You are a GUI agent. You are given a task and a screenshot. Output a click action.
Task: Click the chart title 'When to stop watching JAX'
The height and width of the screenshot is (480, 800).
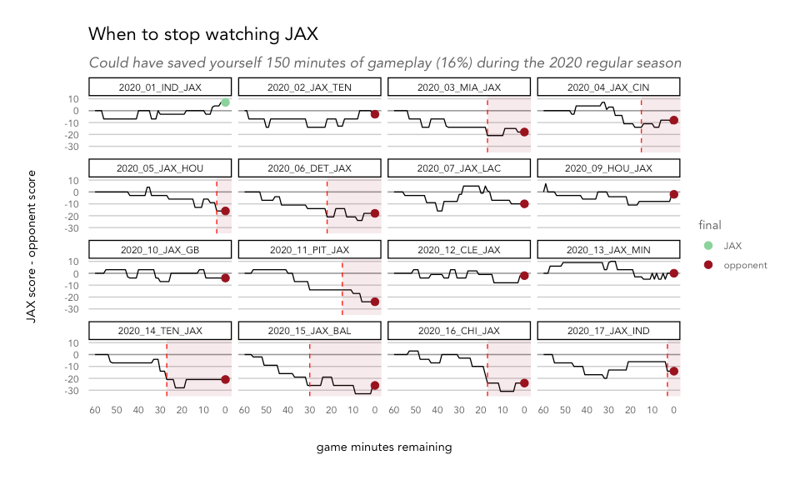pyautogui.click(x=203, y=35)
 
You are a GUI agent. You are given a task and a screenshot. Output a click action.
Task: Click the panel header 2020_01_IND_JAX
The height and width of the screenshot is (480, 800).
pyautogui.click(x=160, y=87)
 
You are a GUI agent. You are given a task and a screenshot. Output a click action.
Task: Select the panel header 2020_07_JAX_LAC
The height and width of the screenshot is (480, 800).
pyautogui.click(x=459, y=168)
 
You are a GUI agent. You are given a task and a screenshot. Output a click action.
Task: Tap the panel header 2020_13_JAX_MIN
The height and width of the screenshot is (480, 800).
pyautogui.click(x=608, y=249)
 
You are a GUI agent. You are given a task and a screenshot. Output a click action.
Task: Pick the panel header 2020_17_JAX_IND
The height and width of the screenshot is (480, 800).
pyautogui.click(x=608, y=331)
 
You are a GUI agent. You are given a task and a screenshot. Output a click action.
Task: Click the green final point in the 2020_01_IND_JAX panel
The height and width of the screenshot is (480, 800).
pyautogui.click(x=225, y=102)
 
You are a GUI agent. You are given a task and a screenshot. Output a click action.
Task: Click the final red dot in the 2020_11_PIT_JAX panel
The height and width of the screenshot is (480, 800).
pyautogui.click(x=375, y=302)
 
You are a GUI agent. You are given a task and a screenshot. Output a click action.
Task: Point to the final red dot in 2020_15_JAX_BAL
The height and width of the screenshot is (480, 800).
pyautogui.click(x=375, y=385)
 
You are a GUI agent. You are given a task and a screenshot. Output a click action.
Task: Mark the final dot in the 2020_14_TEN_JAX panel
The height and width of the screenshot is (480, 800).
pyautogui.click(x=225, y=379)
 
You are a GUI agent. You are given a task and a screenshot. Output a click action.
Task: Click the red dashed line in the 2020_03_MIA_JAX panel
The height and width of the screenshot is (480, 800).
pyautogui.click(x=487, y=125)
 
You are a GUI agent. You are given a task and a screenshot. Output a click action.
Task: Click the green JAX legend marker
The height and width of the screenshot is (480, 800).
pyautogui.click(x=708, y=245)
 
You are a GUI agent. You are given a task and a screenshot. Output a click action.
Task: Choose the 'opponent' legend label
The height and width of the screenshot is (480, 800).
pyautogui.click(x=746, y=265)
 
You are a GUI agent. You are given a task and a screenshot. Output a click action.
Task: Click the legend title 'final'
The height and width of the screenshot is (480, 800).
pyautogui.click(x=709, y=225)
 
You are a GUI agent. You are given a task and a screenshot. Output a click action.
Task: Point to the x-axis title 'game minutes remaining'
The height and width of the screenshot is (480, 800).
pyautogui.click(x=384, y=447)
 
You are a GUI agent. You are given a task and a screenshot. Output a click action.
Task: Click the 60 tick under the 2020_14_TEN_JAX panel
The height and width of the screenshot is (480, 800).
pyautogui.click(x=95, y=410)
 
